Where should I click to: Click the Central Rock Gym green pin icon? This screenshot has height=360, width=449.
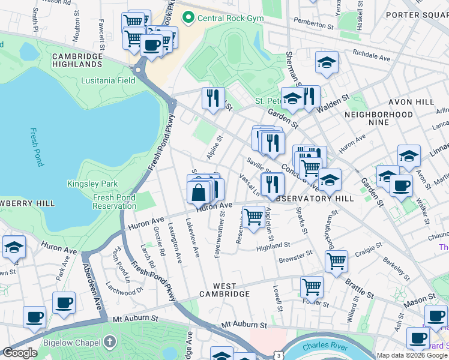click(x=188, y=19)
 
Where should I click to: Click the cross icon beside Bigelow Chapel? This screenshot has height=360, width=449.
click(x=109, y=341)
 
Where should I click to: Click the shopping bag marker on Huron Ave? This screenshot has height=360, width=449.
click(x=198, y=193)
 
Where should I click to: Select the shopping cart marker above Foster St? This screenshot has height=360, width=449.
click(x=312, y=286)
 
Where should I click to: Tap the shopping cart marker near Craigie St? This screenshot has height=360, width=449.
click(x=336, y=260)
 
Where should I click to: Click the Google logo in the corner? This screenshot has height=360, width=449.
click(x=20, y=353)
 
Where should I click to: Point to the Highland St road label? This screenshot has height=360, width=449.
click(x=273, y=245)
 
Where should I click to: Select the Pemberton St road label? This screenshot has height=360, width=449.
click(x=313, y=26)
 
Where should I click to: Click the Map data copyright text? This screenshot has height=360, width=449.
click(x=412, y=355)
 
